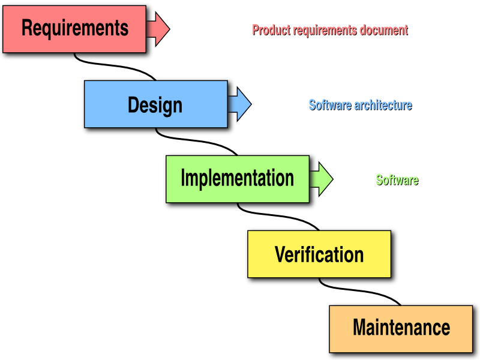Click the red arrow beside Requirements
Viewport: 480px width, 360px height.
pos(159,28)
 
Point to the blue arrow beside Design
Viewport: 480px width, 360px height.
pos(241,104)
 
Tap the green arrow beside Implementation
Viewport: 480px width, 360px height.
pos(323,179)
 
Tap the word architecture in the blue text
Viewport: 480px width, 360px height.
pos(383,105)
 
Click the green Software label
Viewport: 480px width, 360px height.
pos(397,180)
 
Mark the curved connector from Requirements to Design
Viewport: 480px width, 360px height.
pos(114,68)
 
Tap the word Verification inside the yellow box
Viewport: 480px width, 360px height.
pos(319,254)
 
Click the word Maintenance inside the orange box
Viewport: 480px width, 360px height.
pos(401,328)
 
